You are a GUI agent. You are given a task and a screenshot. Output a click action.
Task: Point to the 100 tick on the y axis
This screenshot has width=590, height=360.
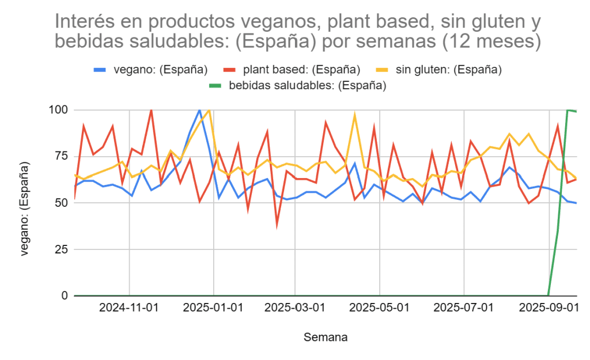[59, 109]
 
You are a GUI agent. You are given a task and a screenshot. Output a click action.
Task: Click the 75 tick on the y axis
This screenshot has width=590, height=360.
[62, 156]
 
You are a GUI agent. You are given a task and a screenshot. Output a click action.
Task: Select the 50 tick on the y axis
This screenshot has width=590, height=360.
[62, 203]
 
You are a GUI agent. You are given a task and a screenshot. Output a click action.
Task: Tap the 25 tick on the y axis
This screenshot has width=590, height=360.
[62, 249]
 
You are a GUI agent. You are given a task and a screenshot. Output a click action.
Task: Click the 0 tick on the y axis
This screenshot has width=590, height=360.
[65, 296]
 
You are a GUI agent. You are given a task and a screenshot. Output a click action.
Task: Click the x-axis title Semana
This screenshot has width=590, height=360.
[326, 337]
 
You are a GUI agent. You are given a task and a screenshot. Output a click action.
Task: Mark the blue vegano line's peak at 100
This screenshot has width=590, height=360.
[199, 109]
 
